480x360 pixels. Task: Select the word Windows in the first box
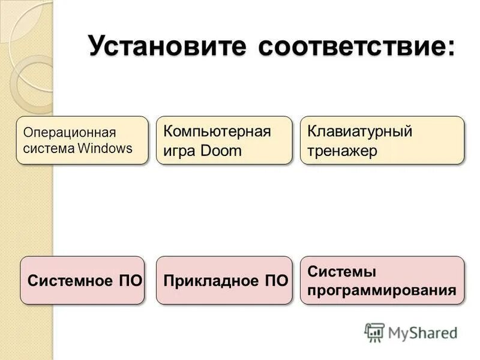104,149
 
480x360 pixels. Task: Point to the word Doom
221,151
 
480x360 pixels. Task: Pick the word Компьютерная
217,131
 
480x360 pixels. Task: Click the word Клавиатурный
359,131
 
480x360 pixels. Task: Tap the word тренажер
342,151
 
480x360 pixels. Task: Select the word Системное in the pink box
70,281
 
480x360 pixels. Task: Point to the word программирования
382,291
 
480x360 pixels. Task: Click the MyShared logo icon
374,332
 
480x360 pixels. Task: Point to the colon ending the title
449,48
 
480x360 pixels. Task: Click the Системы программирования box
382,280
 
